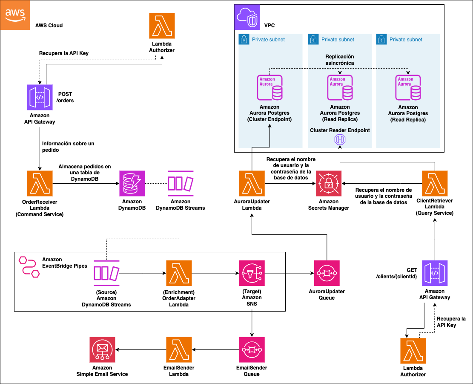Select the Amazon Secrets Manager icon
328,184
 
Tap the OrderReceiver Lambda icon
39,184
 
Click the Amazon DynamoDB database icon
132,184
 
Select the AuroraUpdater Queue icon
327,273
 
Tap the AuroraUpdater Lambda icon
252,184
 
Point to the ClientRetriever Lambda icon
435,184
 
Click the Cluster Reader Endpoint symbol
339,140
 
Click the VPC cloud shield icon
247,17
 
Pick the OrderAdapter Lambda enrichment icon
178,273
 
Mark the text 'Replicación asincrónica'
339,60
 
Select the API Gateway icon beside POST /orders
39,97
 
